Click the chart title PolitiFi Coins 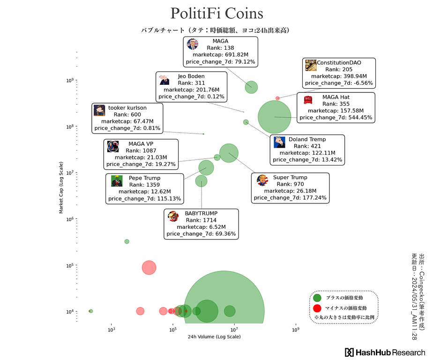pyautogui.click(x=216, y=13)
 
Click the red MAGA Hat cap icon pyautogui.click(x=308, y=99)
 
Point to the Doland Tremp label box pyautogui.click(x=307, y=150)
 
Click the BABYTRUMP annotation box pyautogui.click(x=201, y=224)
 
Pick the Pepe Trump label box pyautogui.click(x=144, y=188)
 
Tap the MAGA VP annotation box pyautogui.click(x=141, y=154)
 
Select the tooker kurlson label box pyautogui.click(x=127, y=118)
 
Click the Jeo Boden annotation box pyautogui.click(x=191, y=86)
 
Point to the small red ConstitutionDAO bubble pyautogui.click(x=277, y=98)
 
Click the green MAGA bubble pyautogui.click(x=251, y=87)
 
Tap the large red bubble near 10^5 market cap pyautogui.click(x=149, y=268)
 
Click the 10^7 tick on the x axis pyautogui.click(x=234, y=329)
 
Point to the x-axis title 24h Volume pyautogui.click(x=214, y=337)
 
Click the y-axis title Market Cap pyautogui.click(x=61, y=188)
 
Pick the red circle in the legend pyautogui.click(x=317, y=307)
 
